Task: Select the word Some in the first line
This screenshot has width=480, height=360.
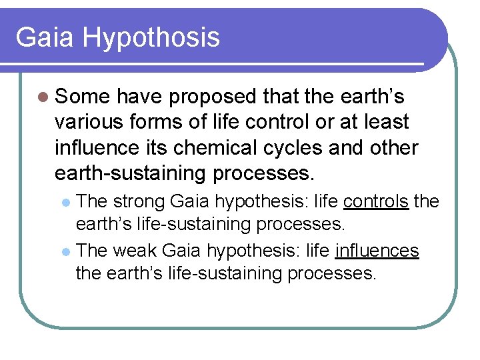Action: point(83,97)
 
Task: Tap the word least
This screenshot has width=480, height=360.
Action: point(386,122)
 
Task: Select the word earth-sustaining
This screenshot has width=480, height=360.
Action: point(131,173)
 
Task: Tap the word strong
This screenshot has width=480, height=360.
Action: point(139,201)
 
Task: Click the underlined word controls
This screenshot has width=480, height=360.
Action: point(375,201)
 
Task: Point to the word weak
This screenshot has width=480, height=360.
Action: point(135,251)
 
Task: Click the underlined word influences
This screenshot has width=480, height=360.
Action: point(377,251)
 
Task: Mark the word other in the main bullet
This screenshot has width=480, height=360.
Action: point(394,147)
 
